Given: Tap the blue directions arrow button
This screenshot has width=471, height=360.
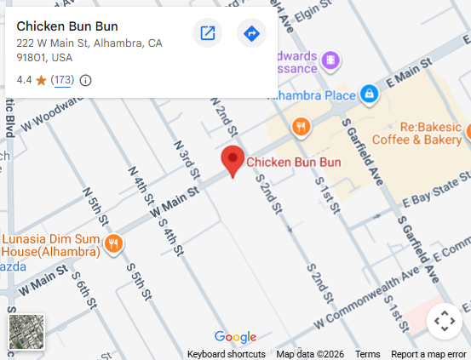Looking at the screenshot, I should (x=251, y=33).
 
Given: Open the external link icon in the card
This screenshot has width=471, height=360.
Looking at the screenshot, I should (x=207, y=33).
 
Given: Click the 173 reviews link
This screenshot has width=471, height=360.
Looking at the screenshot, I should (x=62, y=80).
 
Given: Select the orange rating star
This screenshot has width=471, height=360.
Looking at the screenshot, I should (x=41, y=80).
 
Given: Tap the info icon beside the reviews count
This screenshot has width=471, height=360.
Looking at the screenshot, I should (x=85, y=80).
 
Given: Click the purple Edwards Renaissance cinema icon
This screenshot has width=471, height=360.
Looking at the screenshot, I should (x=330, y=60).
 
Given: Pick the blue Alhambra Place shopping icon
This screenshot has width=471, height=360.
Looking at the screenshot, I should (x=370, y=93).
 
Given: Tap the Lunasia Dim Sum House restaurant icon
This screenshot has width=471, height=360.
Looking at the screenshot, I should (x=113, y=247).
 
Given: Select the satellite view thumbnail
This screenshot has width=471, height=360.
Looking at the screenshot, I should (x=26, y=331).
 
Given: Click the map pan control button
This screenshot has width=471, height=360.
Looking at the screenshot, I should (x=444, y=321).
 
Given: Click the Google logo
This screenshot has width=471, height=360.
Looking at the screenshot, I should (x=235, y=337).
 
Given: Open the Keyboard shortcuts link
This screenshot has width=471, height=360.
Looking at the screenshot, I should (x=226, y=354).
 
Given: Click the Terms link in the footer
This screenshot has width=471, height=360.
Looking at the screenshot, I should (x=368, y=354).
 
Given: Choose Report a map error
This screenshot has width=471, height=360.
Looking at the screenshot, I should (x=428, y=354).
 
